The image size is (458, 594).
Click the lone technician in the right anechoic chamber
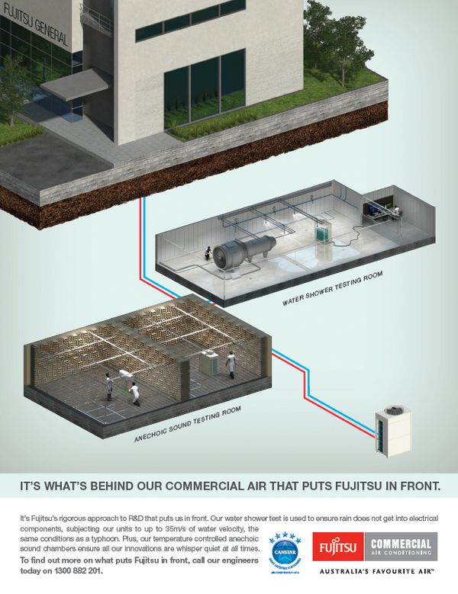[231, 364]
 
